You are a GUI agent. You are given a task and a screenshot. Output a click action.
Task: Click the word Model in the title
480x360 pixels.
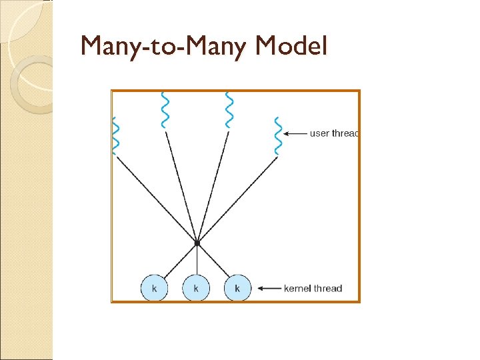(x=291, y=46)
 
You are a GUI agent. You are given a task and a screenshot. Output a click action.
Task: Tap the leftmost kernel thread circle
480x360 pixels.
(x=155, y=289)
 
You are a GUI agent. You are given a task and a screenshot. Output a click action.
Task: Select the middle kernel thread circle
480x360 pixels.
(x=196, y=289)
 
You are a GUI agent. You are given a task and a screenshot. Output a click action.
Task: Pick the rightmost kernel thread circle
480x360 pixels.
(x=237, y=289)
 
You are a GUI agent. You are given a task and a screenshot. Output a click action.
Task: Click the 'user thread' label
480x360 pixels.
(x=334, y=133)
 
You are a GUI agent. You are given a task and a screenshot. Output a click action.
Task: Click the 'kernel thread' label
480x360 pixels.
(x=313, y=289)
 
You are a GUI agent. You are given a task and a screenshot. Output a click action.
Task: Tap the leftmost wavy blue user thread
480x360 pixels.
(x=116, y=136)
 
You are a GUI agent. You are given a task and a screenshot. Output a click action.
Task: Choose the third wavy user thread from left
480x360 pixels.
(x=229, y=109)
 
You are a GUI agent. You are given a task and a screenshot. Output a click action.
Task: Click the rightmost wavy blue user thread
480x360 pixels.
(x=277, y=136)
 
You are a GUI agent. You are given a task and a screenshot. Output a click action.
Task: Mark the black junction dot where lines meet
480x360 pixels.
(x=197, y=244)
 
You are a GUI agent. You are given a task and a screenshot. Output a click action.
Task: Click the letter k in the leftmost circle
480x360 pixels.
(x=155, y=289)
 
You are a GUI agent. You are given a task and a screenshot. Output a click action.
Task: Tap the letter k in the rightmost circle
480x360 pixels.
(x=237, y=289)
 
